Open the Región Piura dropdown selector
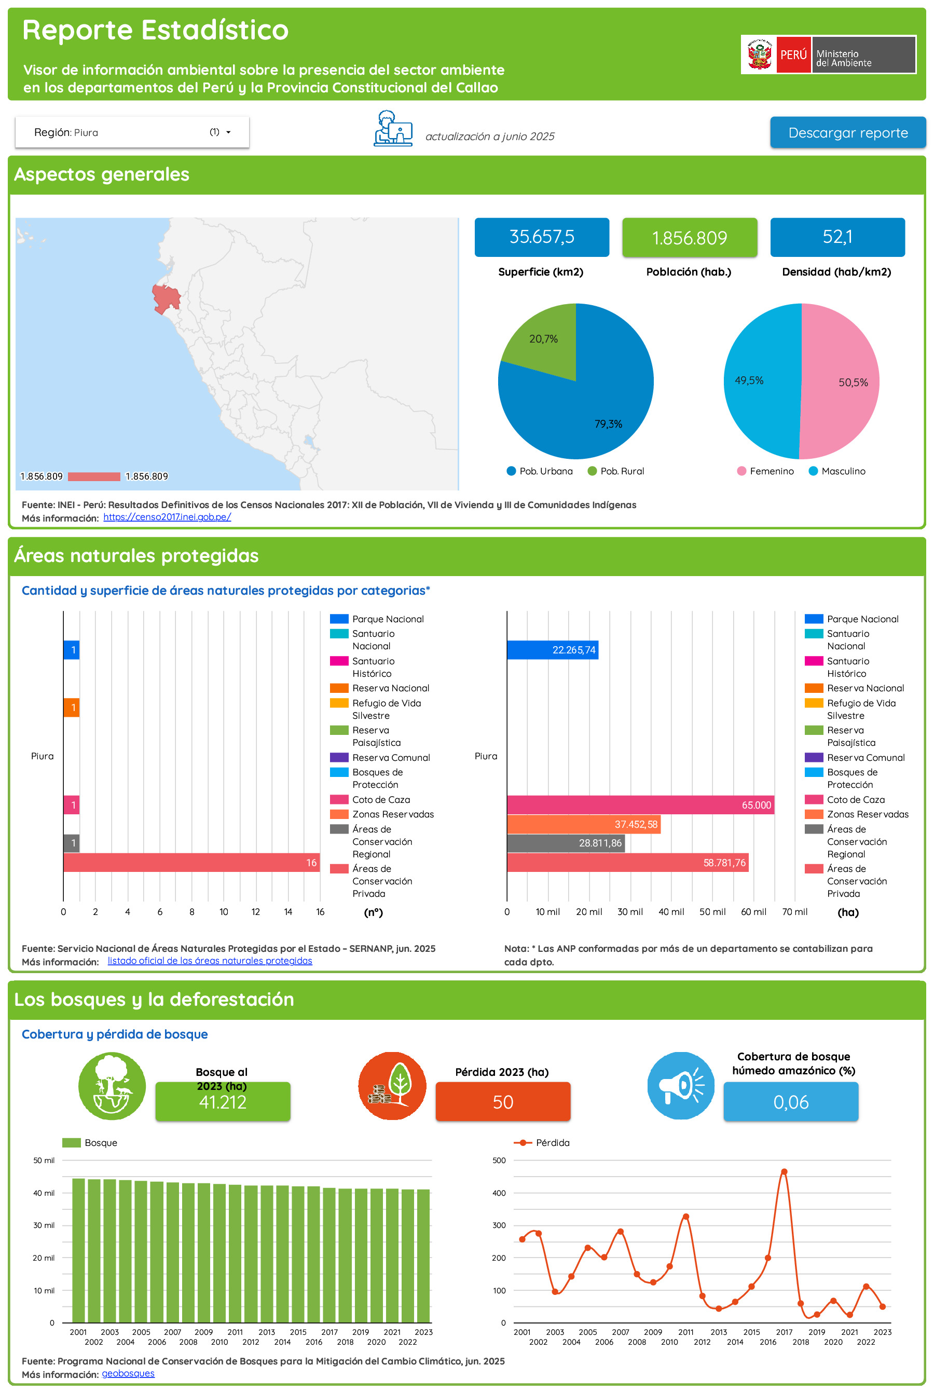pos(132,132)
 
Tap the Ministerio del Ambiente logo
pos(828,55)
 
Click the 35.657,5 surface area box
pos(541,237)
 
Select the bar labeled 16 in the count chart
pos(190,863)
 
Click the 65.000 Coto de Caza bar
pos(640,805)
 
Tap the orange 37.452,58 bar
pos(583,825)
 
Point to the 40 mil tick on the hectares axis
pos(671,912)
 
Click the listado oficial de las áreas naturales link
pos(210,961)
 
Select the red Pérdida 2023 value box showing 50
pos(502,1102)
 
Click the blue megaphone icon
pos(680,1086)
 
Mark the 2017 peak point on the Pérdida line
pos(784,1172)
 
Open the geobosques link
pos(128,1374)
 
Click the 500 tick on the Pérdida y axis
pos(499,1160)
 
